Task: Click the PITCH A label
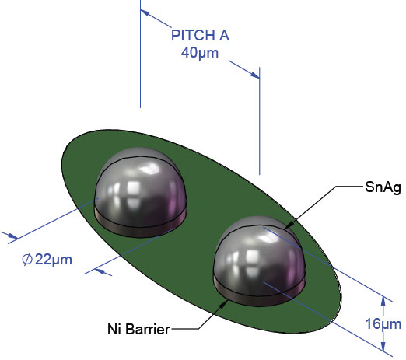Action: point(200,35)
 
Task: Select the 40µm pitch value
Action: point(200,53)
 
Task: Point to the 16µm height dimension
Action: point(383,323)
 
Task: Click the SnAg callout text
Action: point(383,187)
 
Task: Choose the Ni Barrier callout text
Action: point(138,329)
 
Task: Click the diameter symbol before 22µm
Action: point(27,259)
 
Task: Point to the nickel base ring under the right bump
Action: point(259,298)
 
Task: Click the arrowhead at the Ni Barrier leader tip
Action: point(223,304)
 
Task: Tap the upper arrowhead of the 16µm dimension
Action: point(383,301)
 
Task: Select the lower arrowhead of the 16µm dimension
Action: point(383,346)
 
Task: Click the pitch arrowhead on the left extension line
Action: point(145,12)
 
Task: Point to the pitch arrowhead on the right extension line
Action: point(254,75)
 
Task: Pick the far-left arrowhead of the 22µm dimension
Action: point(12,236)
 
